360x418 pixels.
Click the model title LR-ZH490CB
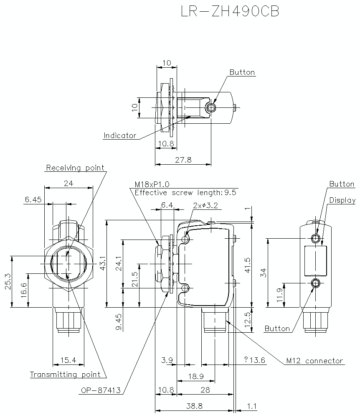(230, 11)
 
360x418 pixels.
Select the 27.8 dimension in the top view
(183, 160)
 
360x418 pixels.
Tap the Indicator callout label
(120, 135)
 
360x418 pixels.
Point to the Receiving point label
(75, 168)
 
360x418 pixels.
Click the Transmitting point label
(65, 375)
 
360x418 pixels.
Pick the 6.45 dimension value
(33, 200)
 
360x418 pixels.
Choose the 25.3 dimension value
(6, 283)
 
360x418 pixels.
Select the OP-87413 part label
(101, 390)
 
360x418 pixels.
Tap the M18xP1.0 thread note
(152, 184)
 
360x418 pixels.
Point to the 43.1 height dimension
(103, 264)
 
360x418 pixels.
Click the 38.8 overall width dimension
(194, 406)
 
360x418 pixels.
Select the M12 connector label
(314, 361)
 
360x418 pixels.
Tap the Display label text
(342, 200)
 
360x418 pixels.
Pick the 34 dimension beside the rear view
(263, 273)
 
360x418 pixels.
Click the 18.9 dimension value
(195, 376)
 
